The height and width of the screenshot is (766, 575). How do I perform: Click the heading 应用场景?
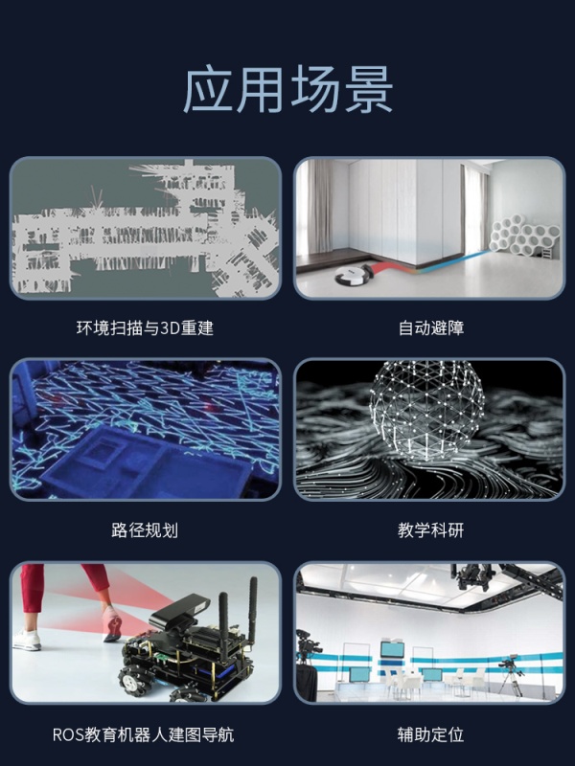(x=288, y=90)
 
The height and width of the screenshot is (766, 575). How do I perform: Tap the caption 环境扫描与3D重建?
(x=145, y=327)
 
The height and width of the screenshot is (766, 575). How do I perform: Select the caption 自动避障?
(x=430, y=327)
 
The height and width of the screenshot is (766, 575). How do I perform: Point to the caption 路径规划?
(x=145, y=530)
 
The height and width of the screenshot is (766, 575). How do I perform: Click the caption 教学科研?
(x=430, y=530)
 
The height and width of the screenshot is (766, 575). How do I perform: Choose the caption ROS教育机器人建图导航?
(x=143, y=734)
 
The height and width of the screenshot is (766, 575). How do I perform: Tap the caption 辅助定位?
(x=430, y=734)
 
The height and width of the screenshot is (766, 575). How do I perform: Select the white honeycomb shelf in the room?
(x=524, y=237)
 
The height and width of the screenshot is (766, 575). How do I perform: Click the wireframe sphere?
(x=426, y=411)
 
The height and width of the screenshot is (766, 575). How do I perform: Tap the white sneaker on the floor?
(x=27, y=640)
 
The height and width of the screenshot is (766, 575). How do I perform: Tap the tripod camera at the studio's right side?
(x=511, y=675)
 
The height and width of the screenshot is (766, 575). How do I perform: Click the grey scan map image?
(x=146, y=228)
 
